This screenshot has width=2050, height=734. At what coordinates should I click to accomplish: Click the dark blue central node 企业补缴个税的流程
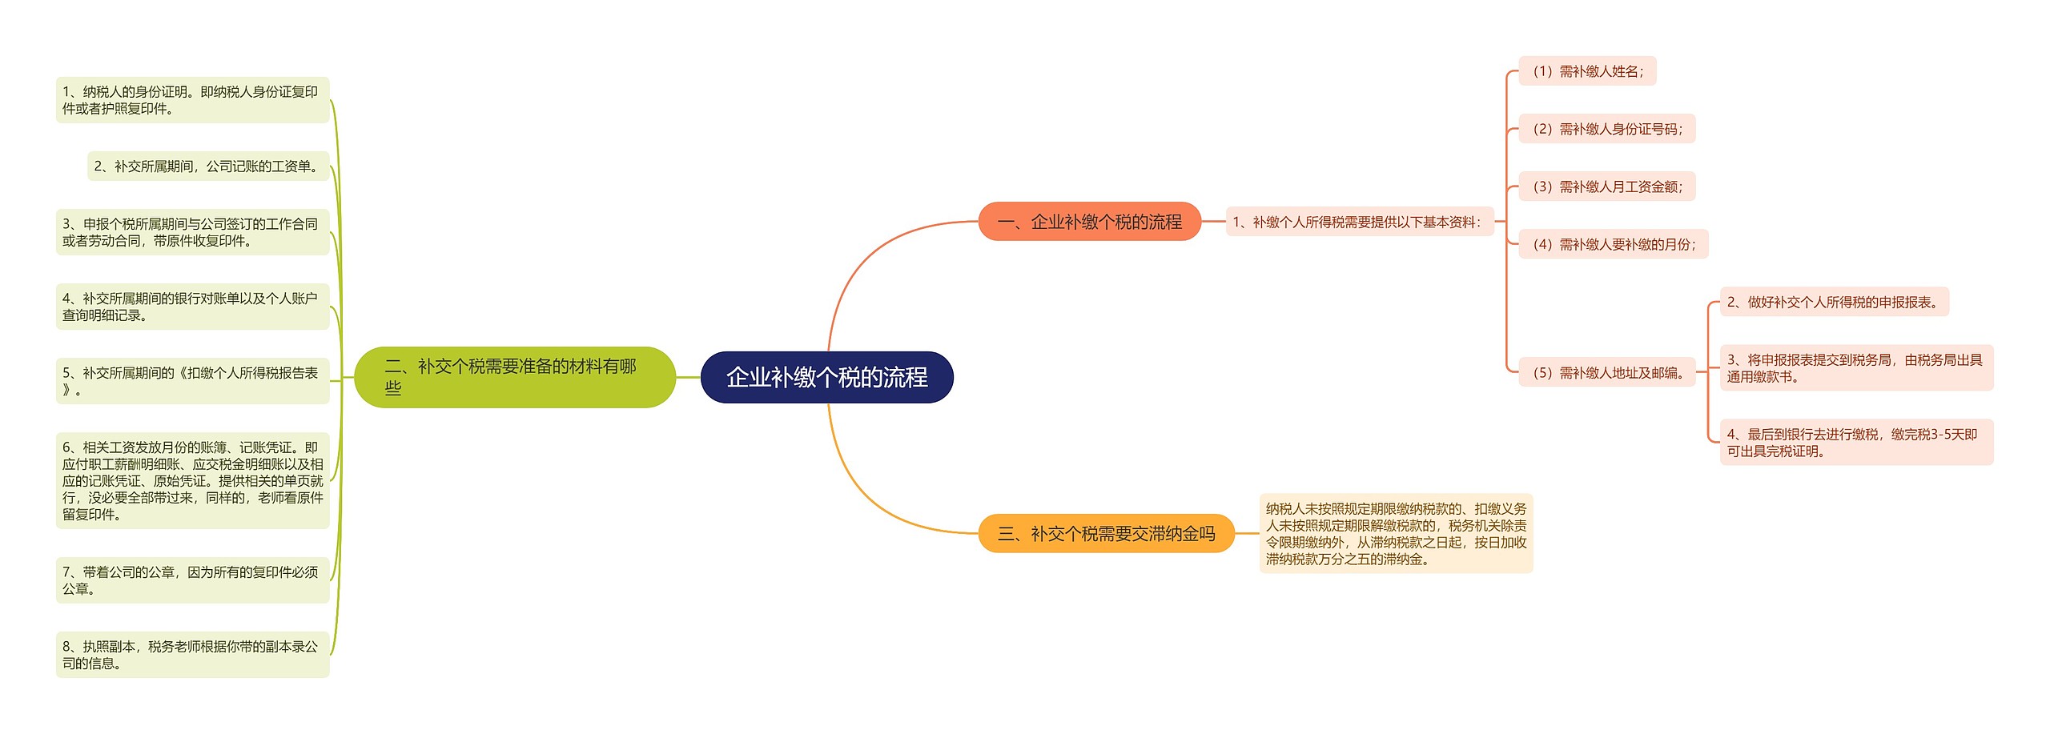coord(826,377)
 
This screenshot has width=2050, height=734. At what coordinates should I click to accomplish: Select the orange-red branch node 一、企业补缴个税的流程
coord(1089,222)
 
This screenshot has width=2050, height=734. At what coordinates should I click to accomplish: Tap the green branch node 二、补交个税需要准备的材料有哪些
coord(514,377)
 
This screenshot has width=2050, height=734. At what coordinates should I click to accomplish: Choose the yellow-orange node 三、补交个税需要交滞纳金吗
coord(1106,534)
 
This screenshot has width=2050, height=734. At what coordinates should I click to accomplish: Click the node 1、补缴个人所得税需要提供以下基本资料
coord(1359,223)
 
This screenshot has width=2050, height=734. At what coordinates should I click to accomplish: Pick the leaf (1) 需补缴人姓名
coord(1587,71)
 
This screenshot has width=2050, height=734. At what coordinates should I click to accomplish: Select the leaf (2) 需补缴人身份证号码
coord(1606,129)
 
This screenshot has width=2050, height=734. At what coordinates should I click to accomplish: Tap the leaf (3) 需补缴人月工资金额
coord(1606,187)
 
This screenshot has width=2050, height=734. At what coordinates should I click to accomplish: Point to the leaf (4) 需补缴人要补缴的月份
coord(1613,244)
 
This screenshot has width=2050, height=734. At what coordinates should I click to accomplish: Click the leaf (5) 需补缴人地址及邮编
coord(1606,372)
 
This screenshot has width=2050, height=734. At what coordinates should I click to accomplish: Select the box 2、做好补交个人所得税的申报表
coord(1834,303)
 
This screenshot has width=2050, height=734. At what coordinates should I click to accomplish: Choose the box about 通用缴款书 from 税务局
coord(1856,368)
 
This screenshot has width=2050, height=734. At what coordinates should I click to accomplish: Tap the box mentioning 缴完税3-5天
coord(1856,443)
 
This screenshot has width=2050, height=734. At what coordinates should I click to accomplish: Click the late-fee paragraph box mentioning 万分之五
coord(1396,534)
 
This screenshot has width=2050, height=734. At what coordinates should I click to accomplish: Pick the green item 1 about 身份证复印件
coord(192,100)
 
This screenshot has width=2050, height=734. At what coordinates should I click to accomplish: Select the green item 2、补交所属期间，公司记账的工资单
coord(208,166)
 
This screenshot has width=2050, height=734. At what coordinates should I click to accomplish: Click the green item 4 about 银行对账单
coord(192,307)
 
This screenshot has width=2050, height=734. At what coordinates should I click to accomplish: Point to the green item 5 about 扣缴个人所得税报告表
coord(192,381)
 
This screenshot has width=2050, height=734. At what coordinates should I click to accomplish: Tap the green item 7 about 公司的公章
coord(192,580)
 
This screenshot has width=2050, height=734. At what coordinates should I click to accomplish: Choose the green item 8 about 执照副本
coord(192,655)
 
